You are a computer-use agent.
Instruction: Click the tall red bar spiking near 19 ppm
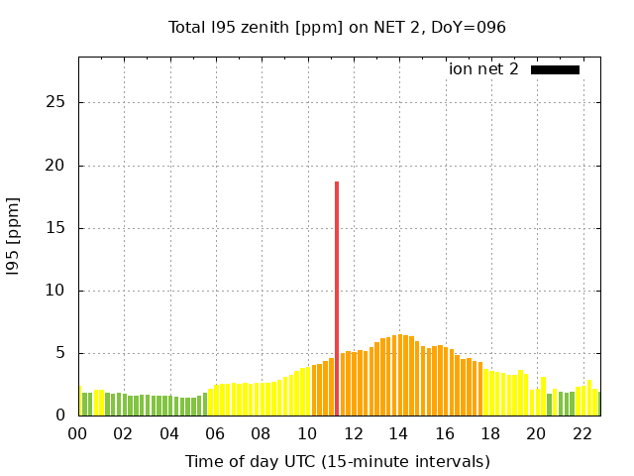click(x=337, y=297)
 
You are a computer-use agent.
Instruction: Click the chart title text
click(x=337, y=28)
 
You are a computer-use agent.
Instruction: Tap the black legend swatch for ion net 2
click(x=555, y=69)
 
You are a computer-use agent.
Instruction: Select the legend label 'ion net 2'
click(x=483, y=69)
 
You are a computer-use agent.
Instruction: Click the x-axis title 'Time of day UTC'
click(x=337, y=461)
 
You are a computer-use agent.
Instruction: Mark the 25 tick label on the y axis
click(x=55, y=103)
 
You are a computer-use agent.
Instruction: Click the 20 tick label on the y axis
click(x=55, y=166)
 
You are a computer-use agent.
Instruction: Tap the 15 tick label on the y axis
click(x=55, y=228)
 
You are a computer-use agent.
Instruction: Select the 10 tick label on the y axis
click(x=55, y=291)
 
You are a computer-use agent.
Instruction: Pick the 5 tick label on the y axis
click(x=60, y=353)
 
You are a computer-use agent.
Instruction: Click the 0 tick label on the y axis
click(x=60, y=416)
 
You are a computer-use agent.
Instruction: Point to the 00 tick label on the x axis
click(x=78, y=433)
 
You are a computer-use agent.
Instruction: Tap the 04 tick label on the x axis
click(x=169, y=433)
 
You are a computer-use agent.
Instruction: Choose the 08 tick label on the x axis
click(x=262, y=433)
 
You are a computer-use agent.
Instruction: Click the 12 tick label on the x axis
click(x=353, y=433)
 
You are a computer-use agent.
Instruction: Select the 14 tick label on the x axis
click(x=398, y=433)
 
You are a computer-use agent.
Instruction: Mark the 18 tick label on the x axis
click(x=490, y=433)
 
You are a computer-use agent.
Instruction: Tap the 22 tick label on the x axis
click(x=581, y=433)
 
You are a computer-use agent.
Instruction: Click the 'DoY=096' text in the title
click(x=472, y=28)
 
